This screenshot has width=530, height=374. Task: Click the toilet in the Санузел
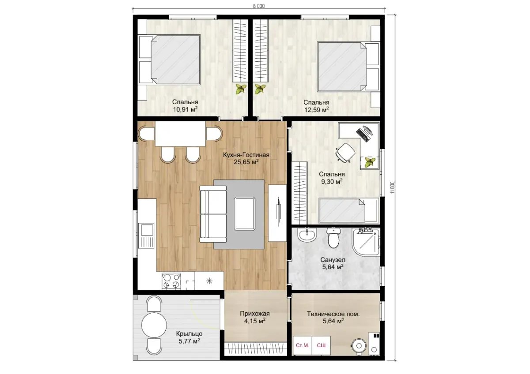click(333, 237)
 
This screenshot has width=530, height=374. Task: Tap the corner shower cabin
click(366, 242)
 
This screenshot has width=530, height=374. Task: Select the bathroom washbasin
click(307, 235)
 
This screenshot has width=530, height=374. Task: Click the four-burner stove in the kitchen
click(171, 281)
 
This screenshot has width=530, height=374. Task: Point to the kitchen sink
click(147, 236)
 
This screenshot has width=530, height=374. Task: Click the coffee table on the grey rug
click(245, 214)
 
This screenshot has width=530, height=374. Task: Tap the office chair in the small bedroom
click(345, 153)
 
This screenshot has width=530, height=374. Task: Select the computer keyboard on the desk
click(362, 135)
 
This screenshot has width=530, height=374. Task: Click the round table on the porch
click(154, 325)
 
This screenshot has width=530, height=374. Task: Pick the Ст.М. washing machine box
click(303, 345)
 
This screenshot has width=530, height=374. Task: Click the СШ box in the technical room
click(321, 345)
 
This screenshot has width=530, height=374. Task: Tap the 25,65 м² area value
click(246, 162)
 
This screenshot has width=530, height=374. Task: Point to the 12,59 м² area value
click(316, 110)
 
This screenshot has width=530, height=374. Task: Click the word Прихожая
click(255, 314)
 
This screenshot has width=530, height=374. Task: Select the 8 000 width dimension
click(259, 6)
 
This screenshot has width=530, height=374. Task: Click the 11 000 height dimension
click(393, 187)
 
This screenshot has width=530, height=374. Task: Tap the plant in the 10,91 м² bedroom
click(241, 89)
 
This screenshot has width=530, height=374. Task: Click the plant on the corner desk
click(370, 162)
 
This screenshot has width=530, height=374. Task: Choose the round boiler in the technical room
click(359, 346)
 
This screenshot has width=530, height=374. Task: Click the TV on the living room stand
click(279, 211)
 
